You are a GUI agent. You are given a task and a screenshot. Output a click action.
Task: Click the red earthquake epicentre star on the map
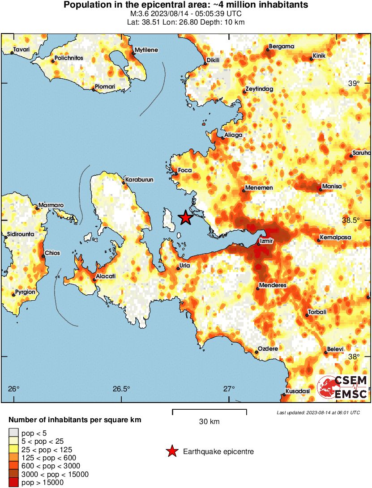coord(185,218)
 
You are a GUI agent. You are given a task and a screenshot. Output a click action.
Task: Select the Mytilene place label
coord(146,50)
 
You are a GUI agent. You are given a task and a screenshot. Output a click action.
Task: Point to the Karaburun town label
coord(140,179)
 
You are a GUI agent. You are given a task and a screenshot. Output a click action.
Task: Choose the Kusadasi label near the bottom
coord(298,391)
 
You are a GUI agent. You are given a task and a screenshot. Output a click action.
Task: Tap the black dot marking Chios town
coord(43,256)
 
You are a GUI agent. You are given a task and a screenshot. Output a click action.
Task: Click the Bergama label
coord(282,47)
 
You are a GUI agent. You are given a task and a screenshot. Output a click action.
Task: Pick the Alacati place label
coord(106,276)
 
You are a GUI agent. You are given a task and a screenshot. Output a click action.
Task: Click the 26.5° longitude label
coord(121,388)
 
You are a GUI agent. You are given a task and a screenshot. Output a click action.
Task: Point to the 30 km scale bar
coord(209,410)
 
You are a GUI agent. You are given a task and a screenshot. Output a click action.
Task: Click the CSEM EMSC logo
coord(342,387)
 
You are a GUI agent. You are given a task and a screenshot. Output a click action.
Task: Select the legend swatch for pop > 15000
coord(14,482)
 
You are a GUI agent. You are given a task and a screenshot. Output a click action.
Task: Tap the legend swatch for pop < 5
coord(14,432)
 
